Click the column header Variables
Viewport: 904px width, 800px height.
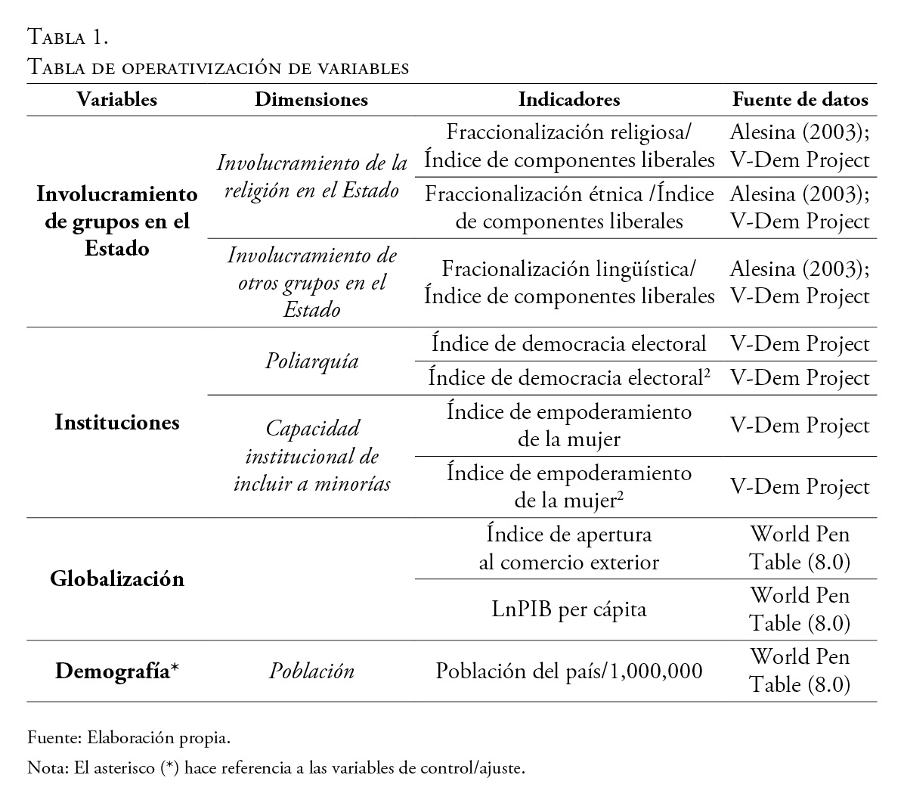[x=117, y=100]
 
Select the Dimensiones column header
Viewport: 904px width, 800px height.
[x=311, y=100]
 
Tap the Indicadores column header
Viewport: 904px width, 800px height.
[x=569, y=100]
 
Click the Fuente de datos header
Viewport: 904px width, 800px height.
[x=800, y=100]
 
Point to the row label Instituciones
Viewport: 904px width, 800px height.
[x=117, y=423]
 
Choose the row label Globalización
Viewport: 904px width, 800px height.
[x=117, y=579]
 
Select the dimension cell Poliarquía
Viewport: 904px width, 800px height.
[x=311, y=361]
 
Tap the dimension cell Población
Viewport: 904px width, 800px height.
[x=311, y=671]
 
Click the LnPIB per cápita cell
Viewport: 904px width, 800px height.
[x=569, y=609]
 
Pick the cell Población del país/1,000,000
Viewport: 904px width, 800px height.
[x=569, y=671]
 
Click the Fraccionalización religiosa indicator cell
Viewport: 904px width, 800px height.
[x=569, y=147]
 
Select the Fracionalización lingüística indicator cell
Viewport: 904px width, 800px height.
[x=569, y=282]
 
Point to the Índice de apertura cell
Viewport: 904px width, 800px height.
[x=569, y=548]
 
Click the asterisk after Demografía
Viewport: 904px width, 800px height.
[x=175, y=669]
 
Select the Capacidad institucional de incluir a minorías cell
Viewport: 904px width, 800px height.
[x=311, y=456]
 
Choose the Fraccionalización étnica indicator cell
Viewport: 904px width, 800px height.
[x=569, y=208]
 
